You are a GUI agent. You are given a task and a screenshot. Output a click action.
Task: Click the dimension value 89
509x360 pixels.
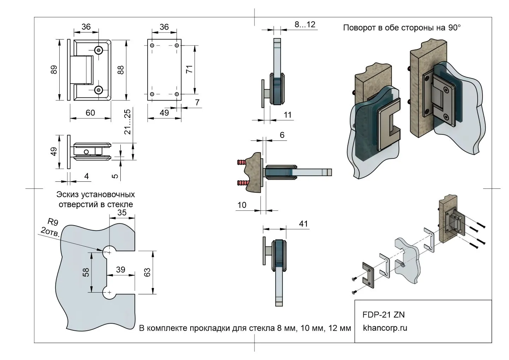[x=54, y=70]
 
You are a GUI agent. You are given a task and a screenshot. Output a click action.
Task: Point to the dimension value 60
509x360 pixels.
[x=90, y=113]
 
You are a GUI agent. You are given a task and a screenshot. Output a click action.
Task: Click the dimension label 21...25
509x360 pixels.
[x=127, y=121]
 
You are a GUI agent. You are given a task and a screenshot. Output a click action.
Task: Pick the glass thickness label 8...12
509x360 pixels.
[x=305, y=24]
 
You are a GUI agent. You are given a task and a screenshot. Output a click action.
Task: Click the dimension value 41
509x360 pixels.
[x=303, y=224]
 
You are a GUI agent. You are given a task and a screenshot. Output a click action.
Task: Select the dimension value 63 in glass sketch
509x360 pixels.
[x=147, y=272]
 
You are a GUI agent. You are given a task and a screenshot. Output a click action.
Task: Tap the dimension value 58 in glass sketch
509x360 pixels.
[x=86, y=272]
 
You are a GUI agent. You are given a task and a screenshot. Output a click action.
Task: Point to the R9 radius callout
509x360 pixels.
[x=53, y=222]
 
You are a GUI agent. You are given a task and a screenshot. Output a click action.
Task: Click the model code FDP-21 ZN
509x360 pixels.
[x=386, y=314]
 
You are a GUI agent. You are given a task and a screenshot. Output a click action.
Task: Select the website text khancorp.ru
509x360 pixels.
[x=385, y=328]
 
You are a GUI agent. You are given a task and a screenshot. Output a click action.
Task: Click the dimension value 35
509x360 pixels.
[x=122, y=212]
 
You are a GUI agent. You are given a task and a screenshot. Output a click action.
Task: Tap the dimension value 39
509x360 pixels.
[x=121, y=270]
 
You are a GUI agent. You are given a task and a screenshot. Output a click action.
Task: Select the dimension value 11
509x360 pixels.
[x=288, y=115]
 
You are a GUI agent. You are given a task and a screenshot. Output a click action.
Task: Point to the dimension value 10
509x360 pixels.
[x=242, y=205]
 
